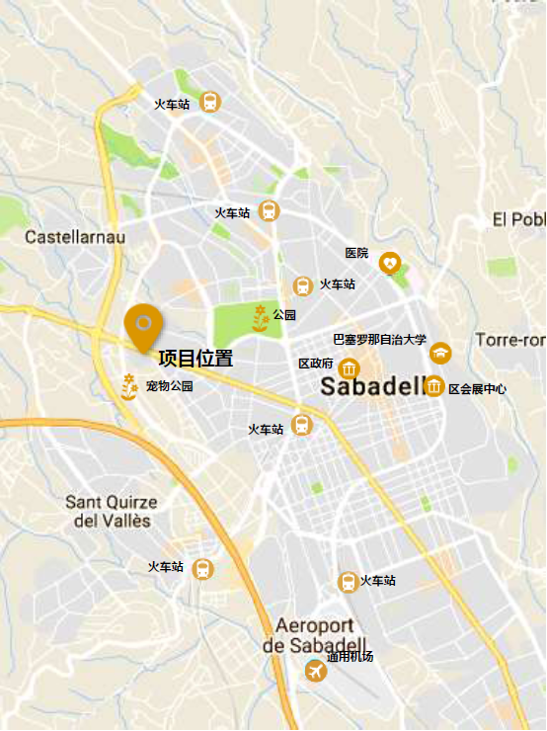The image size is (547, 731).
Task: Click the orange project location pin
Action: point(144,326)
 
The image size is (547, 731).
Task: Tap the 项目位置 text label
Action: point(195,359)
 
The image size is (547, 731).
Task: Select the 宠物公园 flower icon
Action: point(128,385)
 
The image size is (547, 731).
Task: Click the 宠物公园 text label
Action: point(170,386)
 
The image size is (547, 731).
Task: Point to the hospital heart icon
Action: point(391,263)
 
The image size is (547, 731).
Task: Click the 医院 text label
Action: point(356,254)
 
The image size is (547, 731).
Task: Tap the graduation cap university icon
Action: point(440,353)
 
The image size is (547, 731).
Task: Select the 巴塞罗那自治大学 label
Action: point(380,340)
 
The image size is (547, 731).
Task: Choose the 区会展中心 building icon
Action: point(433,386)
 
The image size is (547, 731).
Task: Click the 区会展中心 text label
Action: point(478,389)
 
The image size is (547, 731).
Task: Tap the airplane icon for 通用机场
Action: point(316,672)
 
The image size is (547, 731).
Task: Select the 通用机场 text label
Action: point(351,657)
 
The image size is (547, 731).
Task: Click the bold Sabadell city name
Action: point(370,387)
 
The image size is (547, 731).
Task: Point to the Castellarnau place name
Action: point(75,237)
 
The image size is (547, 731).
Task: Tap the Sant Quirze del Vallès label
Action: point(112,511)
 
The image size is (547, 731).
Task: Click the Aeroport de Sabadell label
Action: point(315,635)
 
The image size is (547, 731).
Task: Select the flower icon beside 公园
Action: point(260,316)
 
